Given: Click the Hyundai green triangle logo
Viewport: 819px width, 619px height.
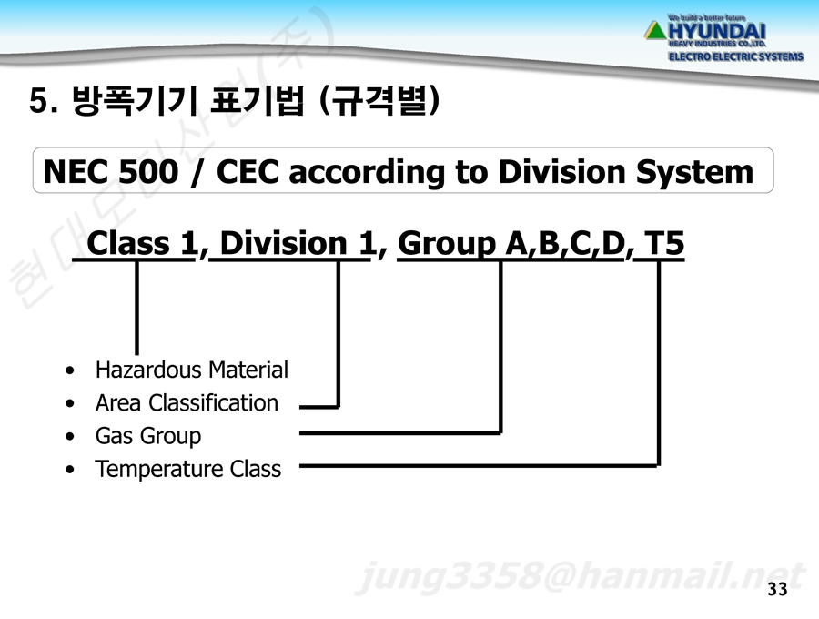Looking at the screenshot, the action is [x=655, y=30].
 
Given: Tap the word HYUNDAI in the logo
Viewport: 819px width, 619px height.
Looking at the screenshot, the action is [x=717, y=31].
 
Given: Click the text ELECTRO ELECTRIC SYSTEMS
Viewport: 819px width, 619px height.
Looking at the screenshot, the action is [x=736, y=56].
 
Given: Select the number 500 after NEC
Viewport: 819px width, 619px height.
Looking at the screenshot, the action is [x=148, y=171].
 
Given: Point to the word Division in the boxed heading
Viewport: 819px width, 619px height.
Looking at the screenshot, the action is [x=561, y=171].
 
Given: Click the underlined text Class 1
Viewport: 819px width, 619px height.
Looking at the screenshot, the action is [x=141, y=243].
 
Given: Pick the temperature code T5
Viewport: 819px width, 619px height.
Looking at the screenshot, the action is [x=664, y=243].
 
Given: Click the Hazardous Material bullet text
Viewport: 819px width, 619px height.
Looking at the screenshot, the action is [x=192, y=370].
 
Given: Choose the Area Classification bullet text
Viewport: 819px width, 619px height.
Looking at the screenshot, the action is [x=187, y=402].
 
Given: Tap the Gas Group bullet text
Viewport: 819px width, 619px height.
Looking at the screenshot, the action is [x=147, y=436].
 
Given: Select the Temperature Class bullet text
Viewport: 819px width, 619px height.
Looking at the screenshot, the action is [x=188, y=469].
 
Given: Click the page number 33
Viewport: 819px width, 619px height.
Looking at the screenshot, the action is [x=777, y=589].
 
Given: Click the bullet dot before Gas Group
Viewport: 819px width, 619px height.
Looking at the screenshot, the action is [x=70, y=436].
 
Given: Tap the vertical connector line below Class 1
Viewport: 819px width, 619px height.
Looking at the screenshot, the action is [x=136, y=307].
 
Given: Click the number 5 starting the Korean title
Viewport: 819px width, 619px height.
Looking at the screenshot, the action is [x=37, y=99].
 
